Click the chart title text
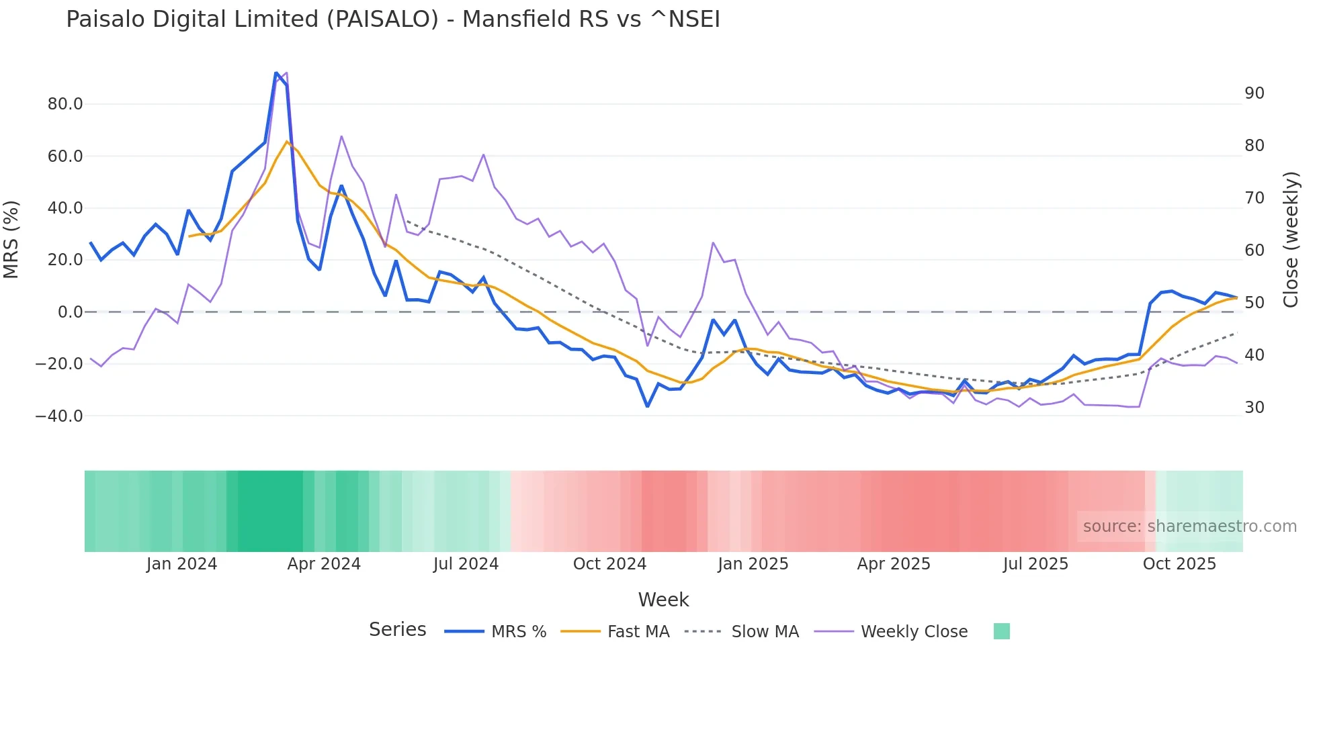click(393, 19)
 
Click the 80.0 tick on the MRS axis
click(65, 104)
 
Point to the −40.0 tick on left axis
click(59, 416)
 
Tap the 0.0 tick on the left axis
click(71, 312)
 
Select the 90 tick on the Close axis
click(1254, 93)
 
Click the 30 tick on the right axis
click(1254, 408)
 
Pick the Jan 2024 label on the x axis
click(181, 564)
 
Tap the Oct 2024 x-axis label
click(609, 564)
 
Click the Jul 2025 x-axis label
click(1035, 564)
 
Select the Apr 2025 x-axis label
click(894, 564)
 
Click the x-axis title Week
click(663, 600)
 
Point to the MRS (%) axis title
click(11, 239)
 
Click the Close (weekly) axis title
click(1291, 239)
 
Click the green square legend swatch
click(1001, 631)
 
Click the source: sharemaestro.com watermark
click(1189, 526)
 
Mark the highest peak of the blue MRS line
click(276, 73)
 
